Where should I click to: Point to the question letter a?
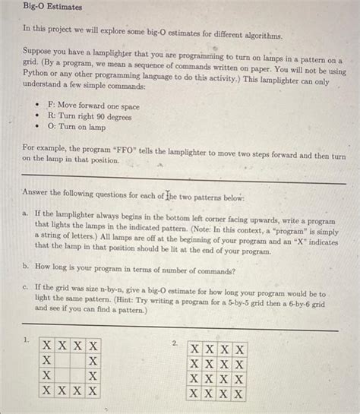click(26, 216)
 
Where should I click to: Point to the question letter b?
click(26, 268)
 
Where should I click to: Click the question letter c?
click(26, 288)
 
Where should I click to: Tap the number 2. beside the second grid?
click(175, 343)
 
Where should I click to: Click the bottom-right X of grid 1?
click(93, 391)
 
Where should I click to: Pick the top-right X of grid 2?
click(240, 349)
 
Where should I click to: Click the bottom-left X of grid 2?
click(195, 393)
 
